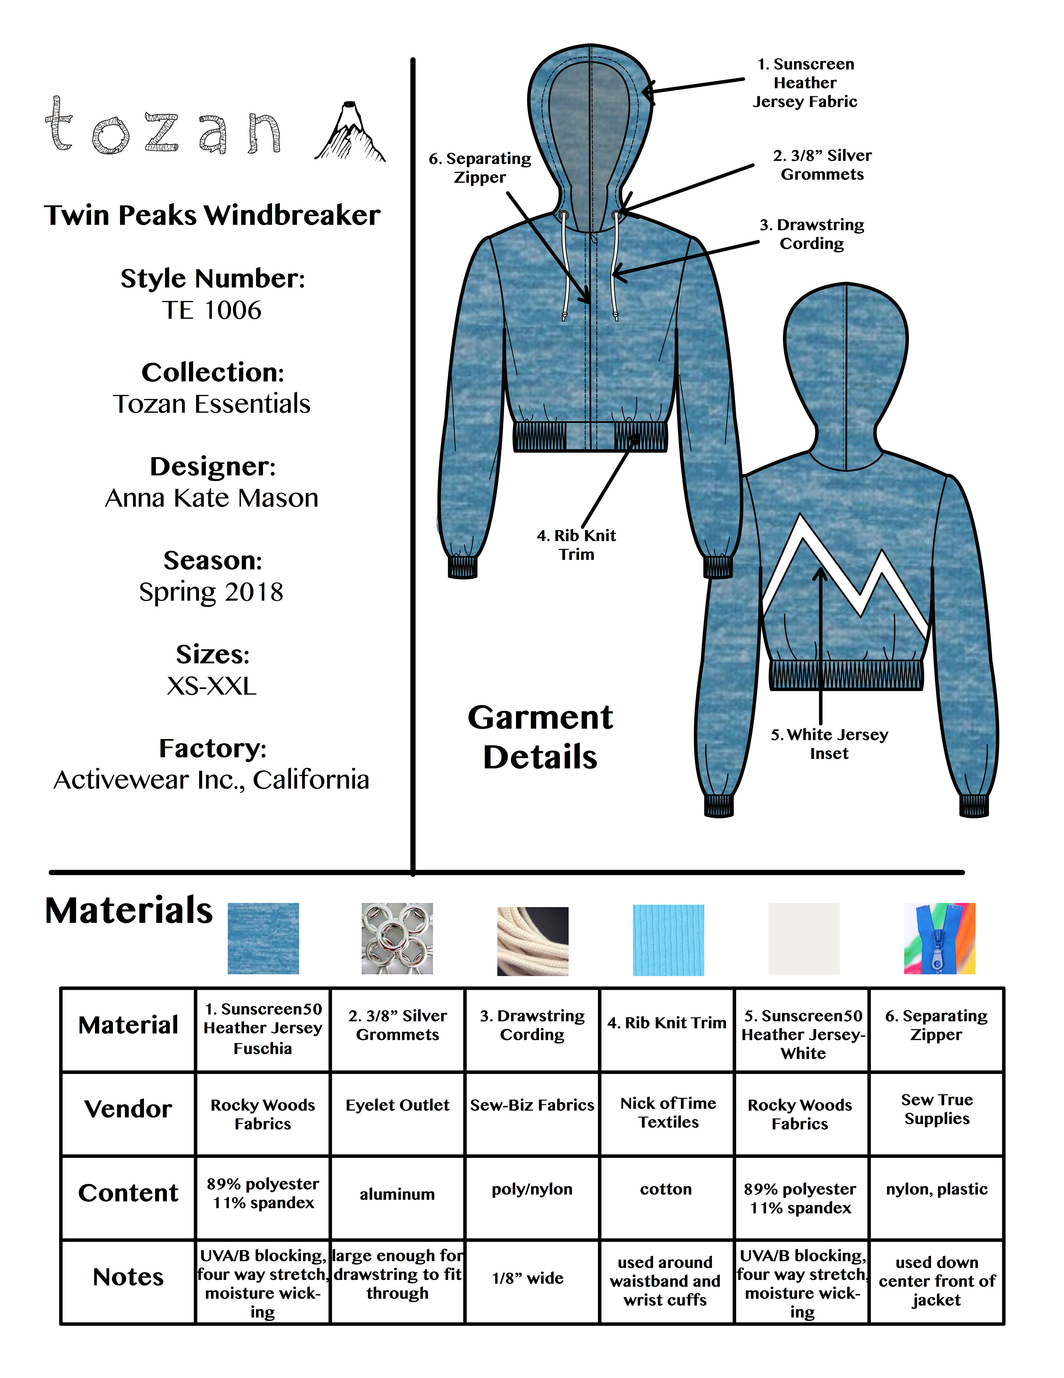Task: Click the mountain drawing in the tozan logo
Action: point(350,133)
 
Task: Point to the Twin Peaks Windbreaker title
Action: point(212,215)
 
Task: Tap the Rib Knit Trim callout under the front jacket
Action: point(576,545)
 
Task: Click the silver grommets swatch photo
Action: point(397,938)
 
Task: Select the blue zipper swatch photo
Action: point(939,938)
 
